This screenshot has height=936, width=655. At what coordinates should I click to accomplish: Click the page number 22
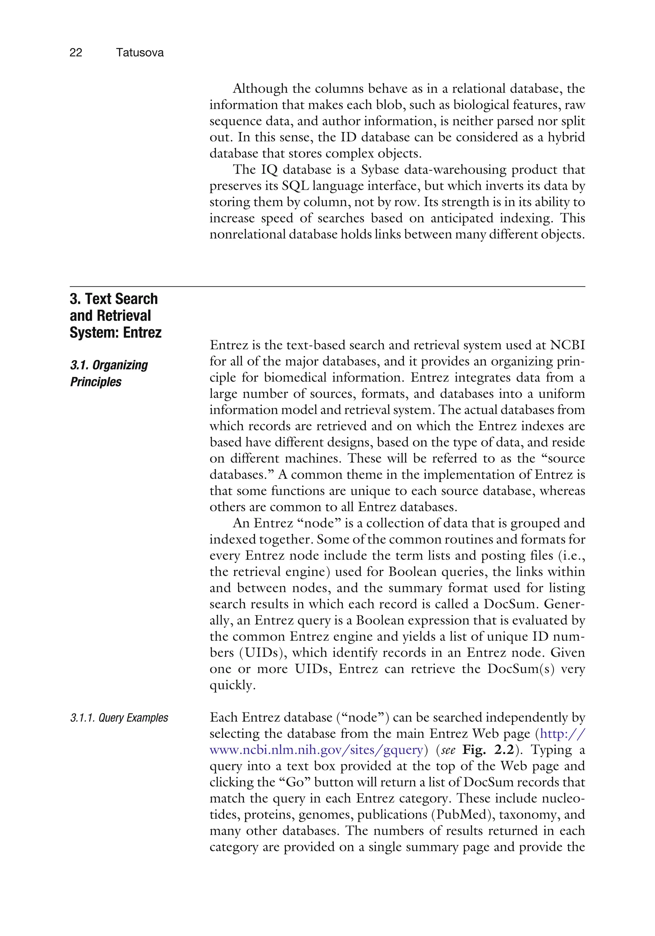pyautogui.click(x=76, y=52)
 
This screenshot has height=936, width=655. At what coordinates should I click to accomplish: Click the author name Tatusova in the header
pyautogui.click(x=139, y=52)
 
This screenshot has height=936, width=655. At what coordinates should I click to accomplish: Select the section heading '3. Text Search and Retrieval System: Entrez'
pyautogui.click(x=115, y=315)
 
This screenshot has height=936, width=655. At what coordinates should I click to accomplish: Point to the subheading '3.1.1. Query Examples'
pyautogui.click(x=119, y=718)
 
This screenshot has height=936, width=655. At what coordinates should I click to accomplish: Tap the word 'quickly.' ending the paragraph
pyautogui.click(x=232, y=685)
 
